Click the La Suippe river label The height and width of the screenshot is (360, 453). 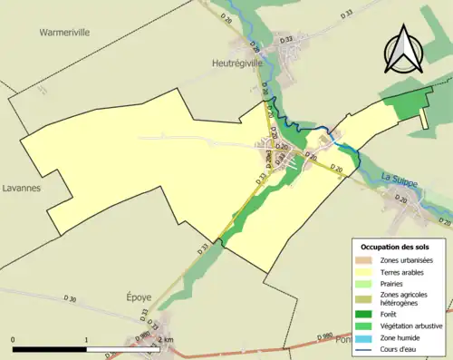399,180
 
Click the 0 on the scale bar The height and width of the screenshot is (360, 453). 14,339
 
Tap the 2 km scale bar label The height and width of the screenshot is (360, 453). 165,339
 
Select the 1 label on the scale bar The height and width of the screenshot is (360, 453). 87,339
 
